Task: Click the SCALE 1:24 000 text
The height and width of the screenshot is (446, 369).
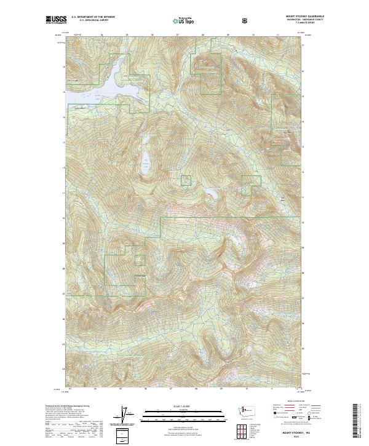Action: [175, 407]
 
